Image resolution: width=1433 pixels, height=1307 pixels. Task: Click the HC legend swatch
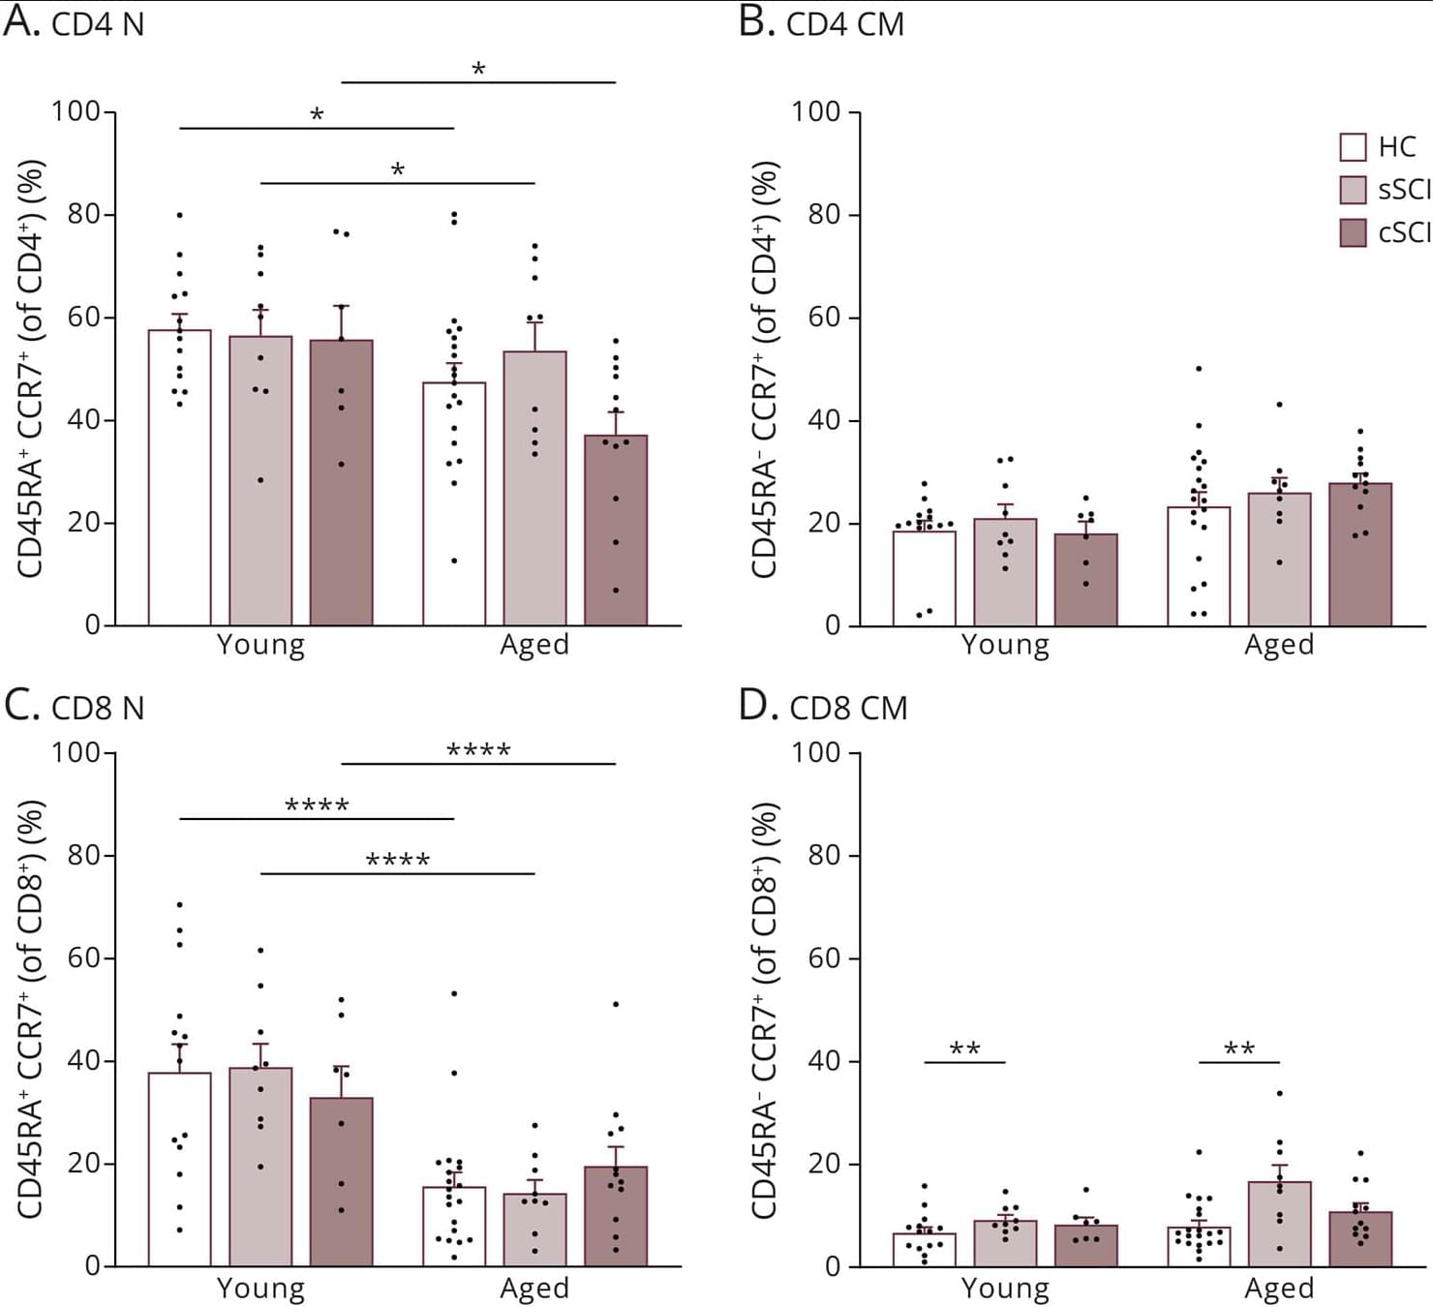tap(1353, 147)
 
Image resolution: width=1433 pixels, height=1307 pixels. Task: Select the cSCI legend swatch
tap(1353, 232)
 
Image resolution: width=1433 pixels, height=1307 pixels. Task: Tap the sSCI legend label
tap(1404, 190)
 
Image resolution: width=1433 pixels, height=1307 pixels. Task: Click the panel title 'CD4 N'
tap(97, 25)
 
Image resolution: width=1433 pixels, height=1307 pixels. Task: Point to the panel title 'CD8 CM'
tap(848, 709)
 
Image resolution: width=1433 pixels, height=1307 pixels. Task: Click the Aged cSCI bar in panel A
tap(616, 531)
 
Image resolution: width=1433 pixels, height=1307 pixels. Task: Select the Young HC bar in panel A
tap(179, 478)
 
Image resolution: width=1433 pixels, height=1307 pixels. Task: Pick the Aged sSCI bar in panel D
tap(1279, 1224)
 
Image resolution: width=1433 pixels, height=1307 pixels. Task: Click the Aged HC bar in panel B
tap(1199, 566)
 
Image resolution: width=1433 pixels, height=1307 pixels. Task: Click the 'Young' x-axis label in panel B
tap(1005, 645)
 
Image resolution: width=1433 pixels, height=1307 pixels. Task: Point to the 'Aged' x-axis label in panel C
tap(534, 1289)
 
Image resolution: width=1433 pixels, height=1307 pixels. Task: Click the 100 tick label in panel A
tap(76, 111)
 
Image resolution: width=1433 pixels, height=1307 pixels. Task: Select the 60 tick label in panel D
tap(824, 958)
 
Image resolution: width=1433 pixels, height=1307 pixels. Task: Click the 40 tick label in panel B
tap(824, 420)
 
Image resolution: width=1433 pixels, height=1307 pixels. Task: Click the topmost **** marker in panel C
tap(478, 750)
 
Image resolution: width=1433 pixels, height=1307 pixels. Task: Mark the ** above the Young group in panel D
tap(964, 1049)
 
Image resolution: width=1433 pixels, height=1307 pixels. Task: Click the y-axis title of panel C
tap(31, 1009)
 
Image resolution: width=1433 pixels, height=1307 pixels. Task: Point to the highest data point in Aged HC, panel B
tap(1199, 369)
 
